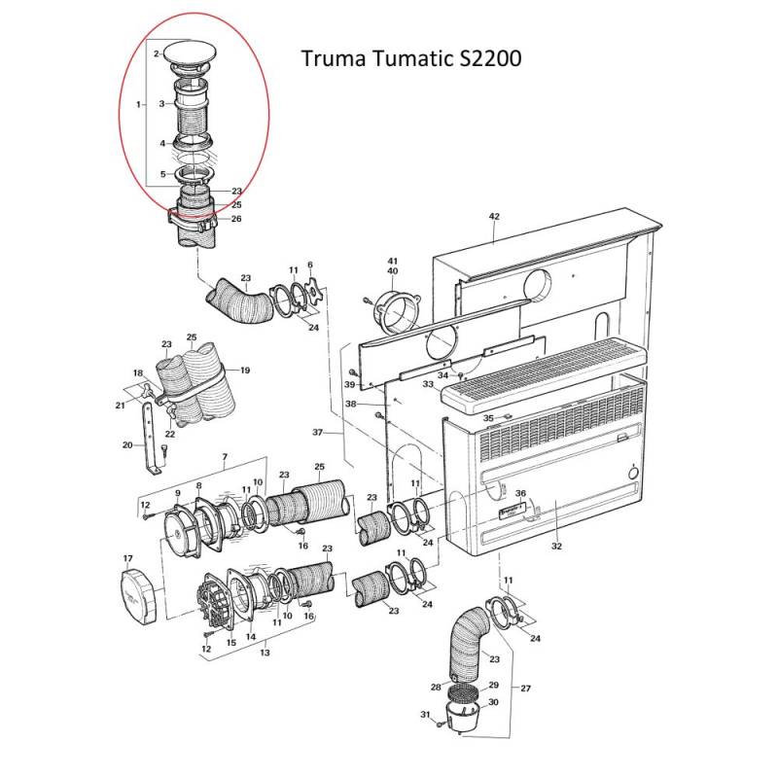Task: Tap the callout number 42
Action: coord(493,216)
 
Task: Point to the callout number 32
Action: coord(556,548)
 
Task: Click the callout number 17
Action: coord(126,558)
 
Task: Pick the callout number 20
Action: coord(126,445)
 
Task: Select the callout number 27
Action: coord(526,689)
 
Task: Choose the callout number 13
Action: coord(265,654)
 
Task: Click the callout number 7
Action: coord(225,457)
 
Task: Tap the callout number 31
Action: coord(424,716)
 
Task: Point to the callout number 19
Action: coord(245,371)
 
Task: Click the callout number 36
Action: coord(520,494)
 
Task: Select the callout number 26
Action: coord(236,219)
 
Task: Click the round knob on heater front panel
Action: coord(633,476)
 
